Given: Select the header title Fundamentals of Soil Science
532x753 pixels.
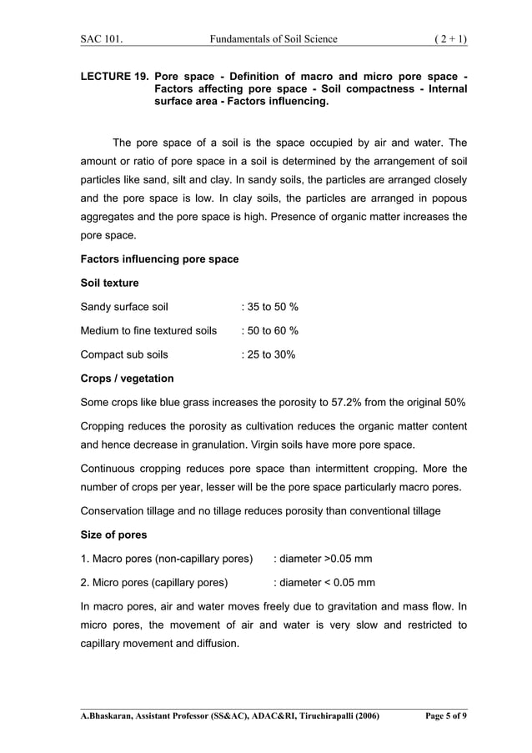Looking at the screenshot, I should (x=275, y=38).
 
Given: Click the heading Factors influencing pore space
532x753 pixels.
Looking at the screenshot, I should (x=158, y=259).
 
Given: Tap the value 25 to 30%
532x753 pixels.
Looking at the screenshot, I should (x=268, y=354).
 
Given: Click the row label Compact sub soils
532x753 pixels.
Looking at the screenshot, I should (x=123, y=354).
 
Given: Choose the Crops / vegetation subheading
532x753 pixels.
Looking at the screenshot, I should (x=127, y=379).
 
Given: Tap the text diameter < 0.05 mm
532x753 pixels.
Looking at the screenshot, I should (x=324, y=582).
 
